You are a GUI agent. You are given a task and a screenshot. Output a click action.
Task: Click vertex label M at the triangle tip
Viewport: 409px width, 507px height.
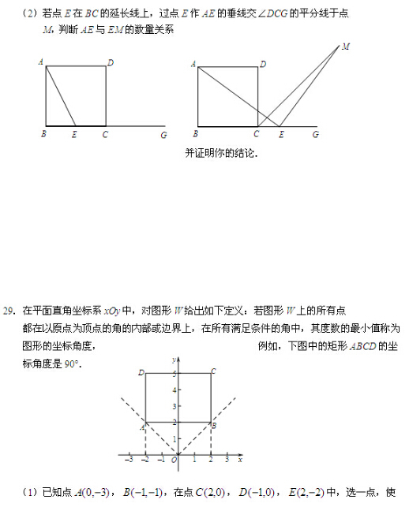pos(346,47)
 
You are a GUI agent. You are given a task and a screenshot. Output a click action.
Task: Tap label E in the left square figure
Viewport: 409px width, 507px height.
pos(74,135)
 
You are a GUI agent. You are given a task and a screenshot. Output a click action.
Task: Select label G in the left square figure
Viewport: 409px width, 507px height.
pos(163,135)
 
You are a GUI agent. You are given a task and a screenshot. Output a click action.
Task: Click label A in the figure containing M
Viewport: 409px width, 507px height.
pos(193,64)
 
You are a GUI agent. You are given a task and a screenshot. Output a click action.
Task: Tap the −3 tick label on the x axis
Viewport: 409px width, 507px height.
pos(130,459)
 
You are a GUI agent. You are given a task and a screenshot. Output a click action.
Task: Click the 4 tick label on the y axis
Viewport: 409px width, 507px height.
pos(173,390)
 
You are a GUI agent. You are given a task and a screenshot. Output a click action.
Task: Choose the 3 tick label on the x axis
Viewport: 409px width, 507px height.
pos(227,459)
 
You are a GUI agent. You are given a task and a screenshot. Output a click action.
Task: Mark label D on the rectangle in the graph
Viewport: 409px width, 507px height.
pos(141,372)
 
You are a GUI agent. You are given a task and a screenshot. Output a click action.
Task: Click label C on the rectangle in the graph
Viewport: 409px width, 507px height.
pos(213,371)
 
